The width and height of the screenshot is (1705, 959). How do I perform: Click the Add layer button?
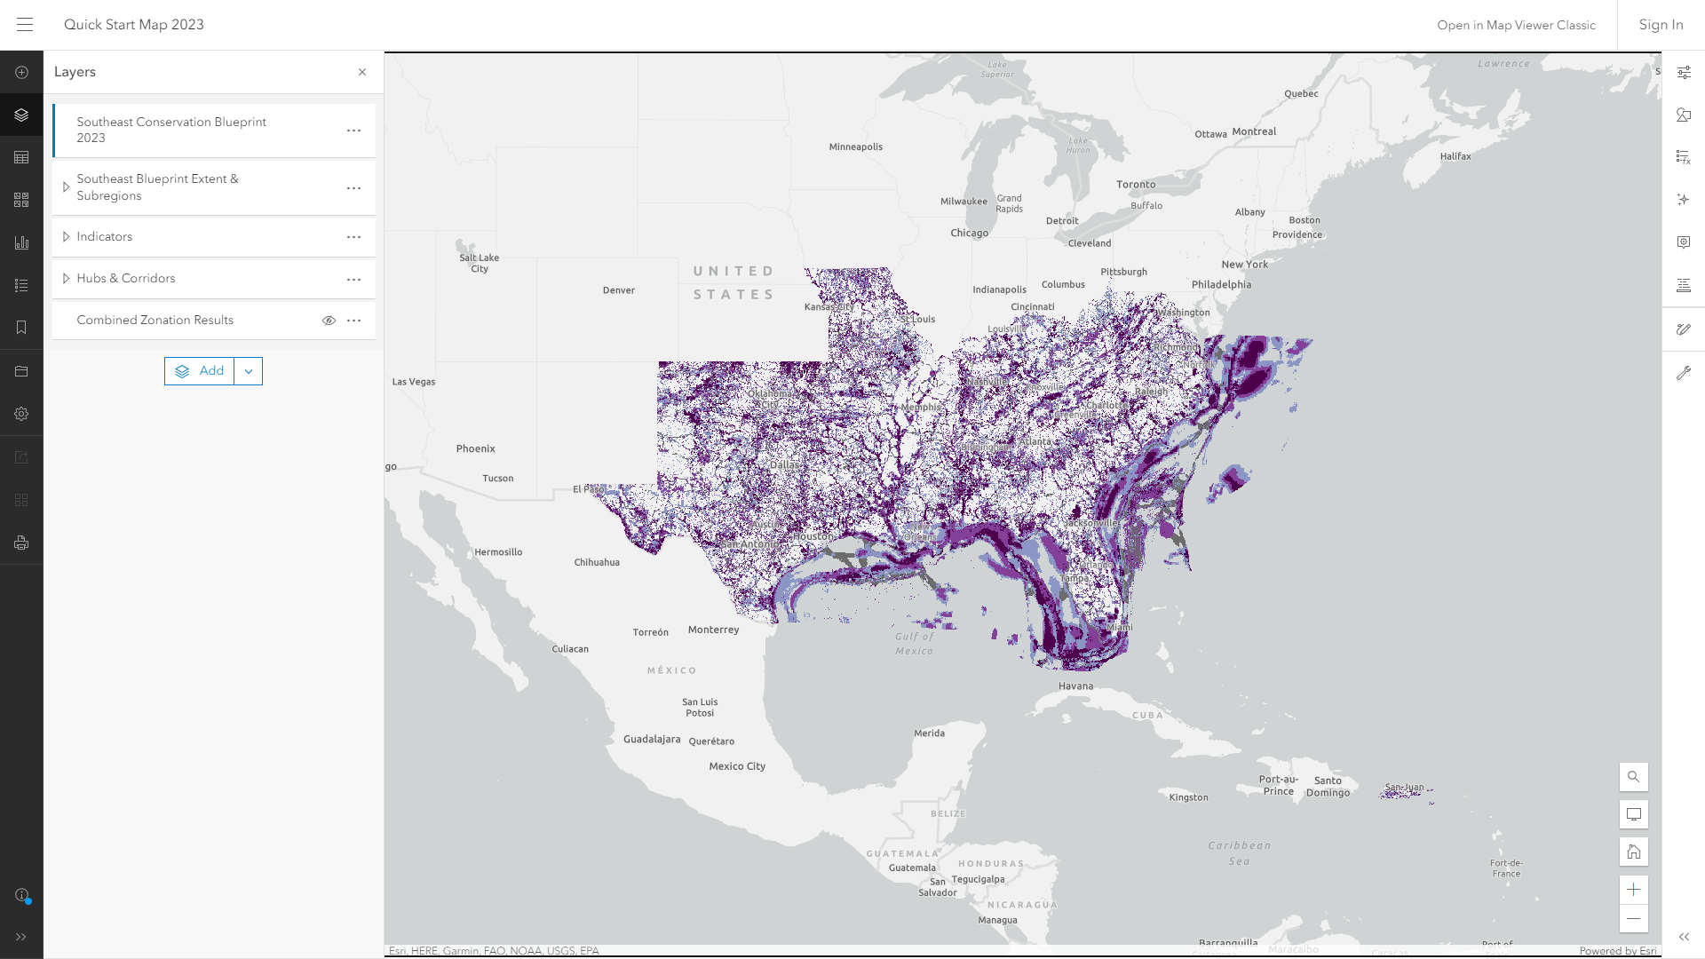pos(200,371)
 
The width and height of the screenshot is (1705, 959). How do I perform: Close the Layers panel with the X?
pos(362,72)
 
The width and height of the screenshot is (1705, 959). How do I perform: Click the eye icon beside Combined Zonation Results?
pos(329,321)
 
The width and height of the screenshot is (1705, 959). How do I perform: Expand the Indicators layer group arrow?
pos(66,237)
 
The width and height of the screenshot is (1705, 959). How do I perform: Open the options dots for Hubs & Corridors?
pos(353,279)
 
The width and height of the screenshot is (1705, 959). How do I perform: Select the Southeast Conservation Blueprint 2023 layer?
pos(171,130)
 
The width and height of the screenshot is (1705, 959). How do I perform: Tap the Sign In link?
pos(1661,25)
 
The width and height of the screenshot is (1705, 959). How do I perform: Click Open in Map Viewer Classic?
pos(1516,25)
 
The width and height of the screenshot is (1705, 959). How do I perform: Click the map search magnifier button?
pos(1633,777)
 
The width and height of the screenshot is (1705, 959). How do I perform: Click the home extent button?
pos(1633,852)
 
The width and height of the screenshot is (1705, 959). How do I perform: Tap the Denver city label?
pos(618,290)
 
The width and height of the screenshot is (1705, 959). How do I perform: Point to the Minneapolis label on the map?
pos(855,147)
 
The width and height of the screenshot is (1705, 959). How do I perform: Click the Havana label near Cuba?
pos(1075,686)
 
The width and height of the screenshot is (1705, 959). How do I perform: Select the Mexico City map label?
pos(736,766)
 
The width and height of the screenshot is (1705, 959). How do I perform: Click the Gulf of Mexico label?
pos(914,644)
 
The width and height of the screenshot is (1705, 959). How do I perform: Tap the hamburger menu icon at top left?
pos(25,25)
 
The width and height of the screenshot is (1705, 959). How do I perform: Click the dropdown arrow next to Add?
pos(249,371)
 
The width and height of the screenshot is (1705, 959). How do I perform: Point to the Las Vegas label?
pos(414,382)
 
